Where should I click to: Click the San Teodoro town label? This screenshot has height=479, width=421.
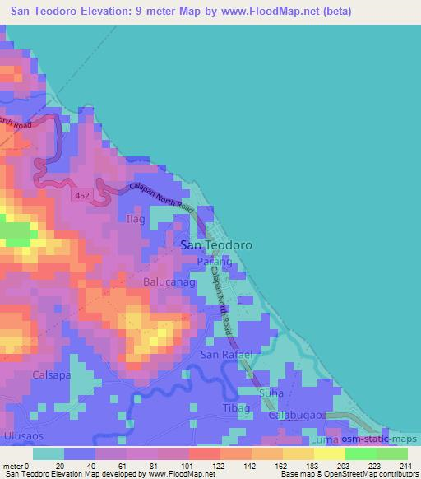pos(215,244)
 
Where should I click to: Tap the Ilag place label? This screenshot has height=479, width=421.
pos(135,220)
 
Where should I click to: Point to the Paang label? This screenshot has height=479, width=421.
pos(215,261)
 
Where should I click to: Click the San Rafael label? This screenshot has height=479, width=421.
pos(225,355)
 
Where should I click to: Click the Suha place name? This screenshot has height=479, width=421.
pos(271,393)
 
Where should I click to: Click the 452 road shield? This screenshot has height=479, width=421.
pos(81,195)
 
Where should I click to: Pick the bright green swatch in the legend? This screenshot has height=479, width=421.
pos(360,453)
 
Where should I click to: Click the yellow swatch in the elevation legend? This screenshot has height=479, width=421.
pos(329,453)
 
